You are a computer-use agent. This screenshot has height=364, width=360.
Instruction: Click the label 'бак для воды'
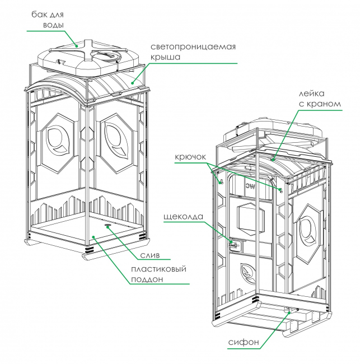coord(48,20)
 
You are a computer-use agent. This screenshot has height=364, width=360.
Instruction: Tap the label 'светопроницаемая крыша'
coord(193,52)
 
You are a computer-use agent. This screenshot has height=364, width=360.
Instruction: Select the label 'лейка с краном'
coord(319,99)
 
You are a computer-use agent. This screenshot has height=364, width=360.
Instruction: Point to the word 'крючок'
coord(190,157)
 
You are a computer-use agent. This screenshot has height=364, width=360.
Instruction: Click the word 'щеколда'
coord(184,217)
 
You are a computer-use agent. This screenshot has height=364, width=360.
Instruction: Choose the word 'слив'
coord(150,255)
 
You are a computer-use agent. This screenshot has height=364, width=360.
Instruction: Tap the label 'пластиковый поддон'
coord(159,274)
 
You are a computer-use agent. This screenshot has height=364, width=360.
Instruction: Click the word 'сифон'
coord(244,342)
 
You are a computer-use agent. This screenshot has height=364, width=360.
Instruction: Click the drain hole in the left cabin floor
coord(107,225)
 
